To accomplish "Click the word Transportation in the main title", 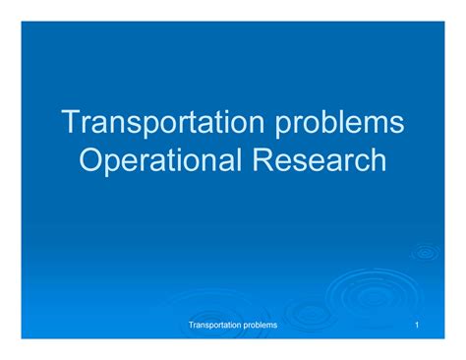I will coord(155,125).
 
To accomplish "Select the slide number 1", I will coord(418,325).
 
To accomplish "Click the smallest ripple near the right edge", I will coord(425,252).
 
